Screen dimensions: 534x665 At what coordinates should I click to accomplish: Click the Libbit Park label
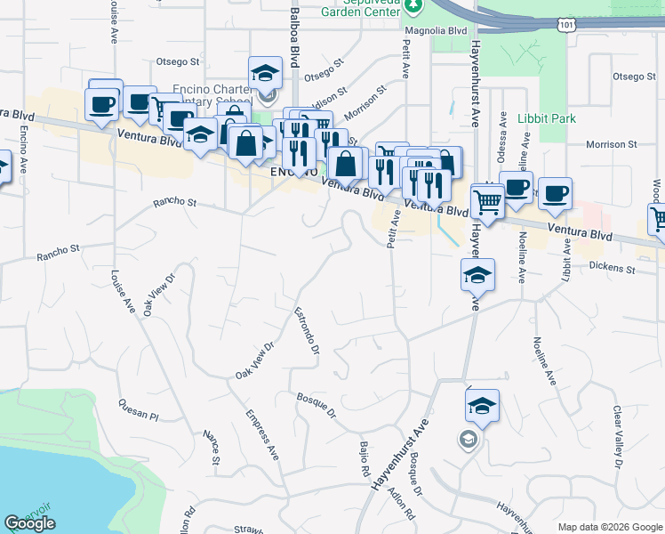[547, 118]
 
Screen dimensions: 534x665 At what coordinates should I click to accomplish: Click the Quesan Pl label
[138, 410]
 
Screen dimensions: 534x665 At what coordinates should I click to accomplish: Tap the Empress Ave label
[262, 435]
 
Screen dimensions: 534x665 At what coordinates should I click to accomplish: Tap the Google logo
[29, 523]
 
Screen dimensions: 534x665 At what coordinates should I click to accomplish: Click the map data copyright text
[610, 527]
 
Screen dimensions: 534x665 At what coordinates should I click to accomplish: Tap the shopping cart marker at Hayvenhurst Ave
[487, 203]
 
